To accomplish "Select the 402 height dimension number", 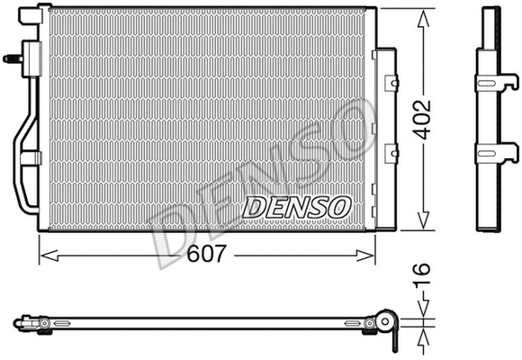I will pos(423,118).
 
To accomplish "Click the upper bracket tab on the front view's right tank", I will pos(391,83).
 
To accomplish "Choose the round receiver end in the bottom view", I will pos(388,322).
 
